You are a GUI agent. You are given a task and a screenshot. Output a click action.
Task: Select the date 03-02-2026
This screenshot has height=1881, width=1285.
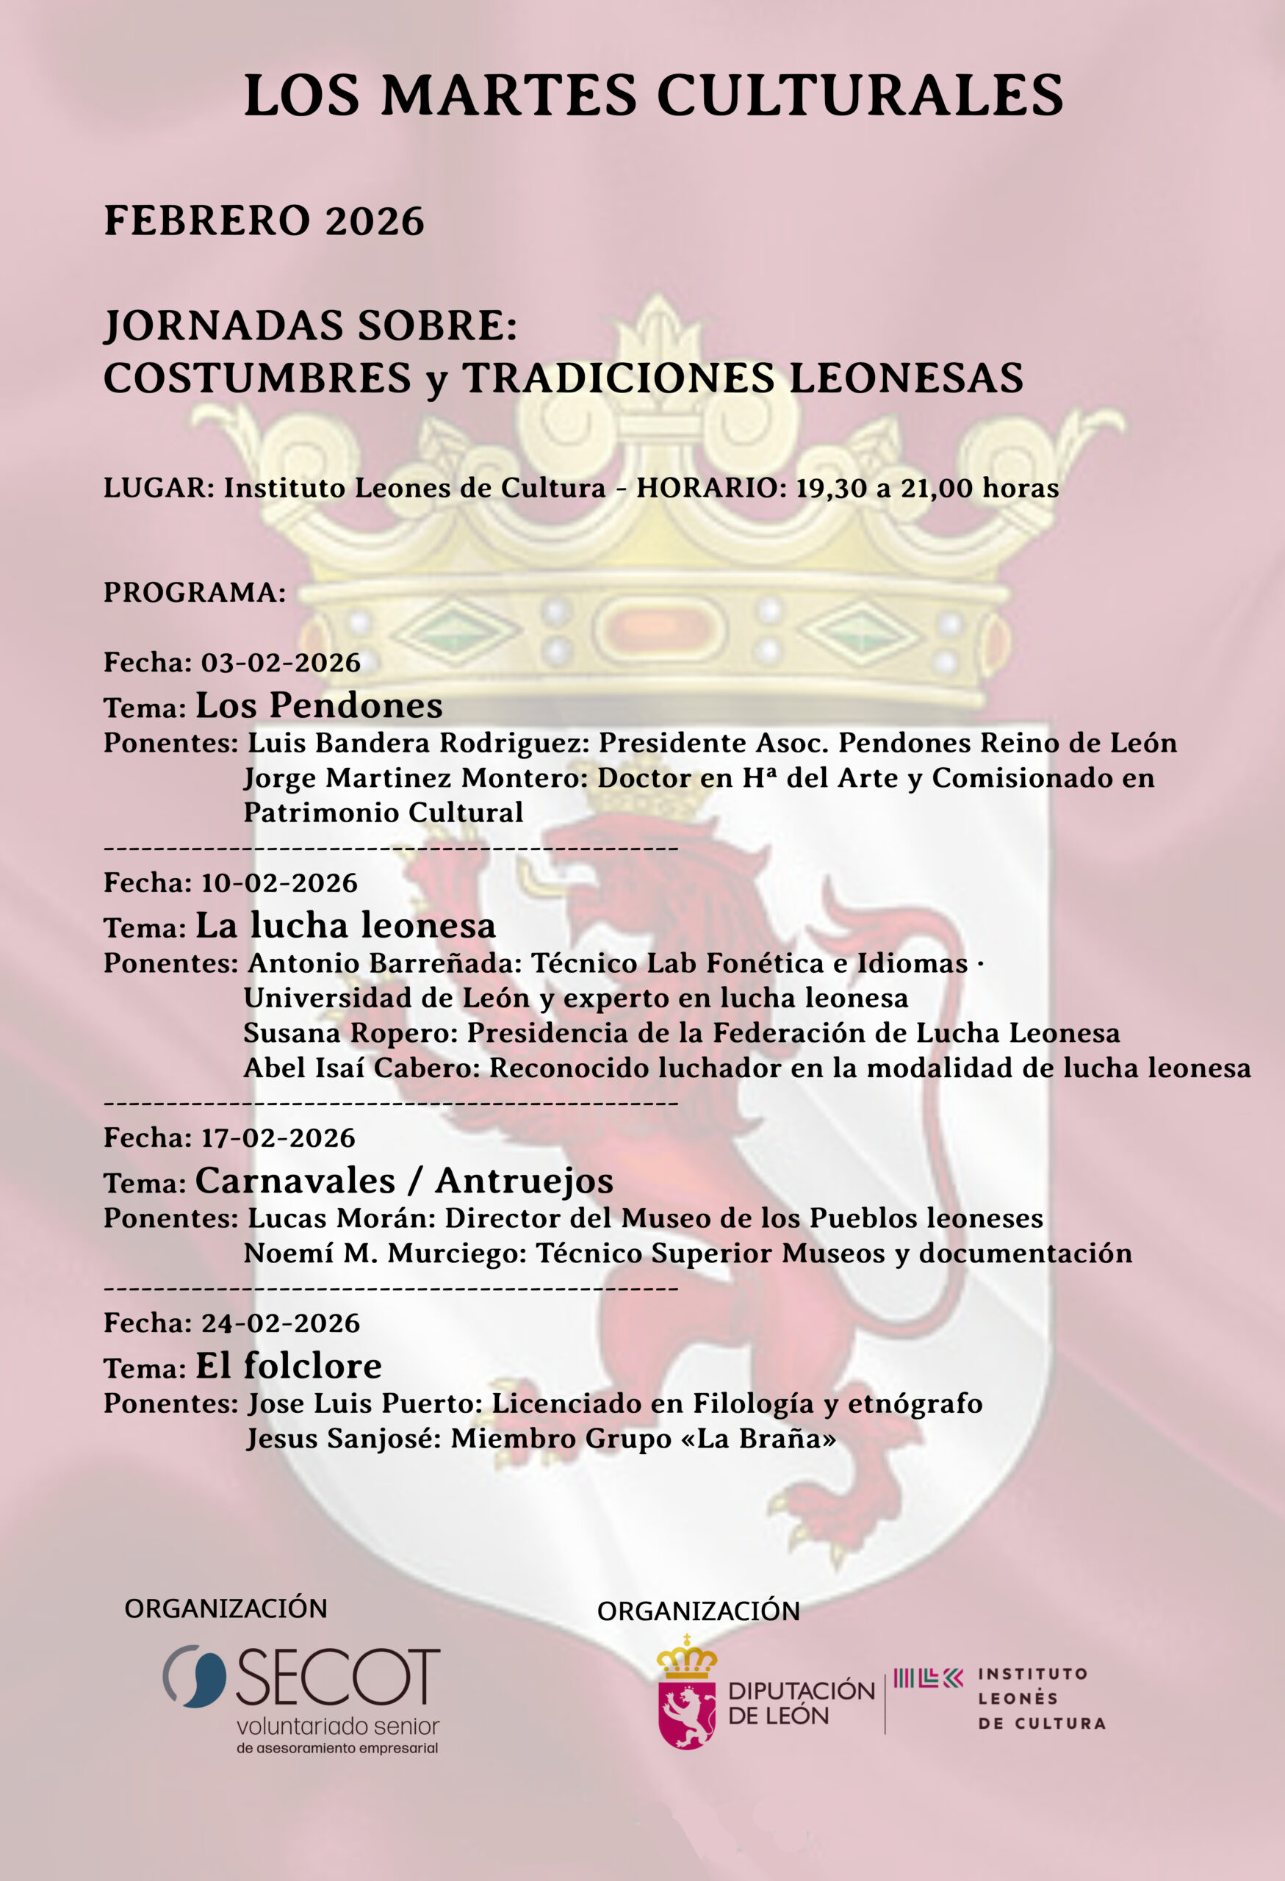point(281,663)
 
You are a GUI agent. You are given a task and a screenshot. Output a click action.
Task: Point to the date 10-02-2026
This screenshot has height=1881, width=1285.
point(279,883)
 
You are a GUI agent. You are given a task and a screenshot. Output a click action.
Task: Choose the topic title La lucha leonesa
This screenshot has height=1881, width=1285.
point(345,925)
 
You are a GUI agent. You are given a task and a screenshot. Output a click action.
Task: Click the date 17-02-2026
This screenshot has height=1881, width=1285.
point(278,1138)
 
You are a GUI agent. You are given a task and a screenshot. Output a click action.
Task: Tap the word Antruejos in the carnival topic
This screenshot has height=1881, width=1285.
point(525,1181)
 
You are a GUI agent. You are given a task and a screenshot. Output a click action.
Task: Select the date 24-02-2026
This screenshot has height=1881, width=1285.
point(280,1323)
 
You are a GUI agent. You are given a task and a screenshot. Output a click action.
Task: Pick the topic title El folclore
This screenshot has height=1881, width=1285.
point(289,1366)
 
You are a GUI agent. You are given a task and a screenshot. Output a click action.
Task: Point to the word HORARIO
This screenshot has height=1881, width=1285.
point(711,488)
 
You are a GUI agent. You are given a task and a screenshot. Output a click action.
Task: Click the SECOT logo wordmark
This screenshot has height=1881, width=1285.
point(338,1676)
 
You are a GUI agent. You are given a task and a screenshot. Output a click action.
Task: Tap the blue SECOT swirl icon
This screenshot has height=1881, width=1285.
point(194,1676)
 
